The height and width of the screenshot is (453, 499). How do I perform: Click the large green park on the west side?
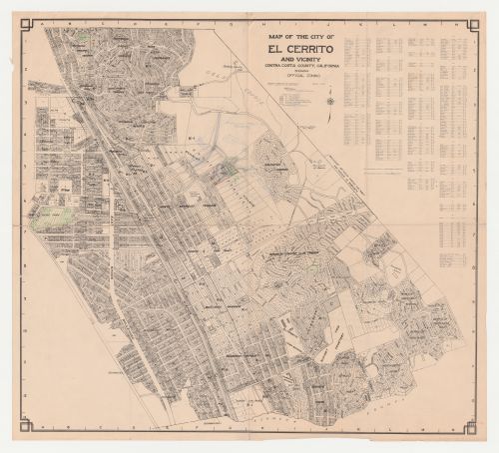coord(48,217)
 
